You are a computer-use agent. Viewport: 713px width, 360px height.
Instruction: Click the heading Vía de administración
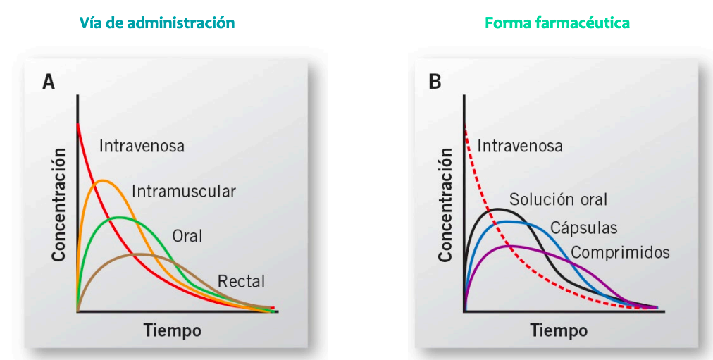pyautogui.click(x=157, y=23)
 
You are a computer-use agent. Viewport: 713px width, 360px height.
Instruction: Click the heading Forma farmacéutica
pyautogui.click(x=557, y=23)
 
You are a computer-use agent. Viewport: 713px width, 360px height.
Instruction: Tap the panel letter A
pyautogui.click(x=49, y=82)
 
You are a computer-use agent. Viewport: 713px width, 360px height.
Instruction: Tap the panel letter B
pyautogui.click(x=435, y=82)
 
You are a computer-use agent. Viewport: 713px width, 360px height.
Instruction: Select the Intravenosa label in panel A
pyautogui.click(x=142, y=147)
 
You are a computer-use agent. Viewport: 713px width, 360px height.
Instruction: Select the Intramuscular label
pyautogui.click(x=183, y=191)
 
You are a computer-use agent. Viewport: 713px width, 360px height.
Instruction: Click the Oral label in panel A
pyautogui.click(x=187, y=235)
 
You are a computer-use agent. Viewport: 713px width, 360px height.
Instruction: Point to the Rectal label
pyautogui.click(x=241, y=281)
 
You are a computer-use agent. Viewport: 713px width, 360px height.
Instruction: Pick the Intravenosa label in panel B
pyautogui.click(x=520, y=147)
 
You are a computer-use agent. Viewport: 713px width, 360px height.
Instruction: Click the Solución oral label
pyautogui.click(x=558, y=199)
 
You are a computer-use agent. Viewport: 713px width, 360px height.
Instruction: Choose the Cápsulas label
pyautogui.click(x=583, y=228)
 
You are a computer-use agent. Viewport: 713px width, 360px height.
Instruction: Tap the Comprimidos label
pyautogui.click(x=620, y=252)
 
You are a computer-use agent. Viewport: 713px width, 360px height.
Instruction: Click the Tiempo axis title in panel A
pyautogui.click(x=173, y=330)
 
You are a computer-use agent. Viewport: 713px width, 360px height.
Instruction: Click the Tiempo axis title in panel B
pyautogui.click(x=559, y=330)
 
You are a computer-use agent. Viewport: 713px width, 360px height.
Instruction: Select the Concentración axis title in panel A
pyautogui.click(x=59, y=204)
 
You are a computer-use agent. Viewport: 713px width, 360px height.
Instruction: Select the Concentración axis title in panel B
pyautogui.click(x=445, y=204)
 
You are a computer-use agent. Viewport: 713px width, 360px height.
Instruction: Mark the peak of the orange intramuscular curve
pyautogui.click(x=103, y=181)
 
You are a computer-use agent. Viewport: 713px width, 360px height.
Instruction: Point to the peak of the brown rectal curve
pyautogui.click(x=139, y=254)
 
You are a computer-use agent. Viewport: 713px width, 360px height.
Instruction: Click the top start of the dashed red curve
pyautogui.click(x=466, y=126)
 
